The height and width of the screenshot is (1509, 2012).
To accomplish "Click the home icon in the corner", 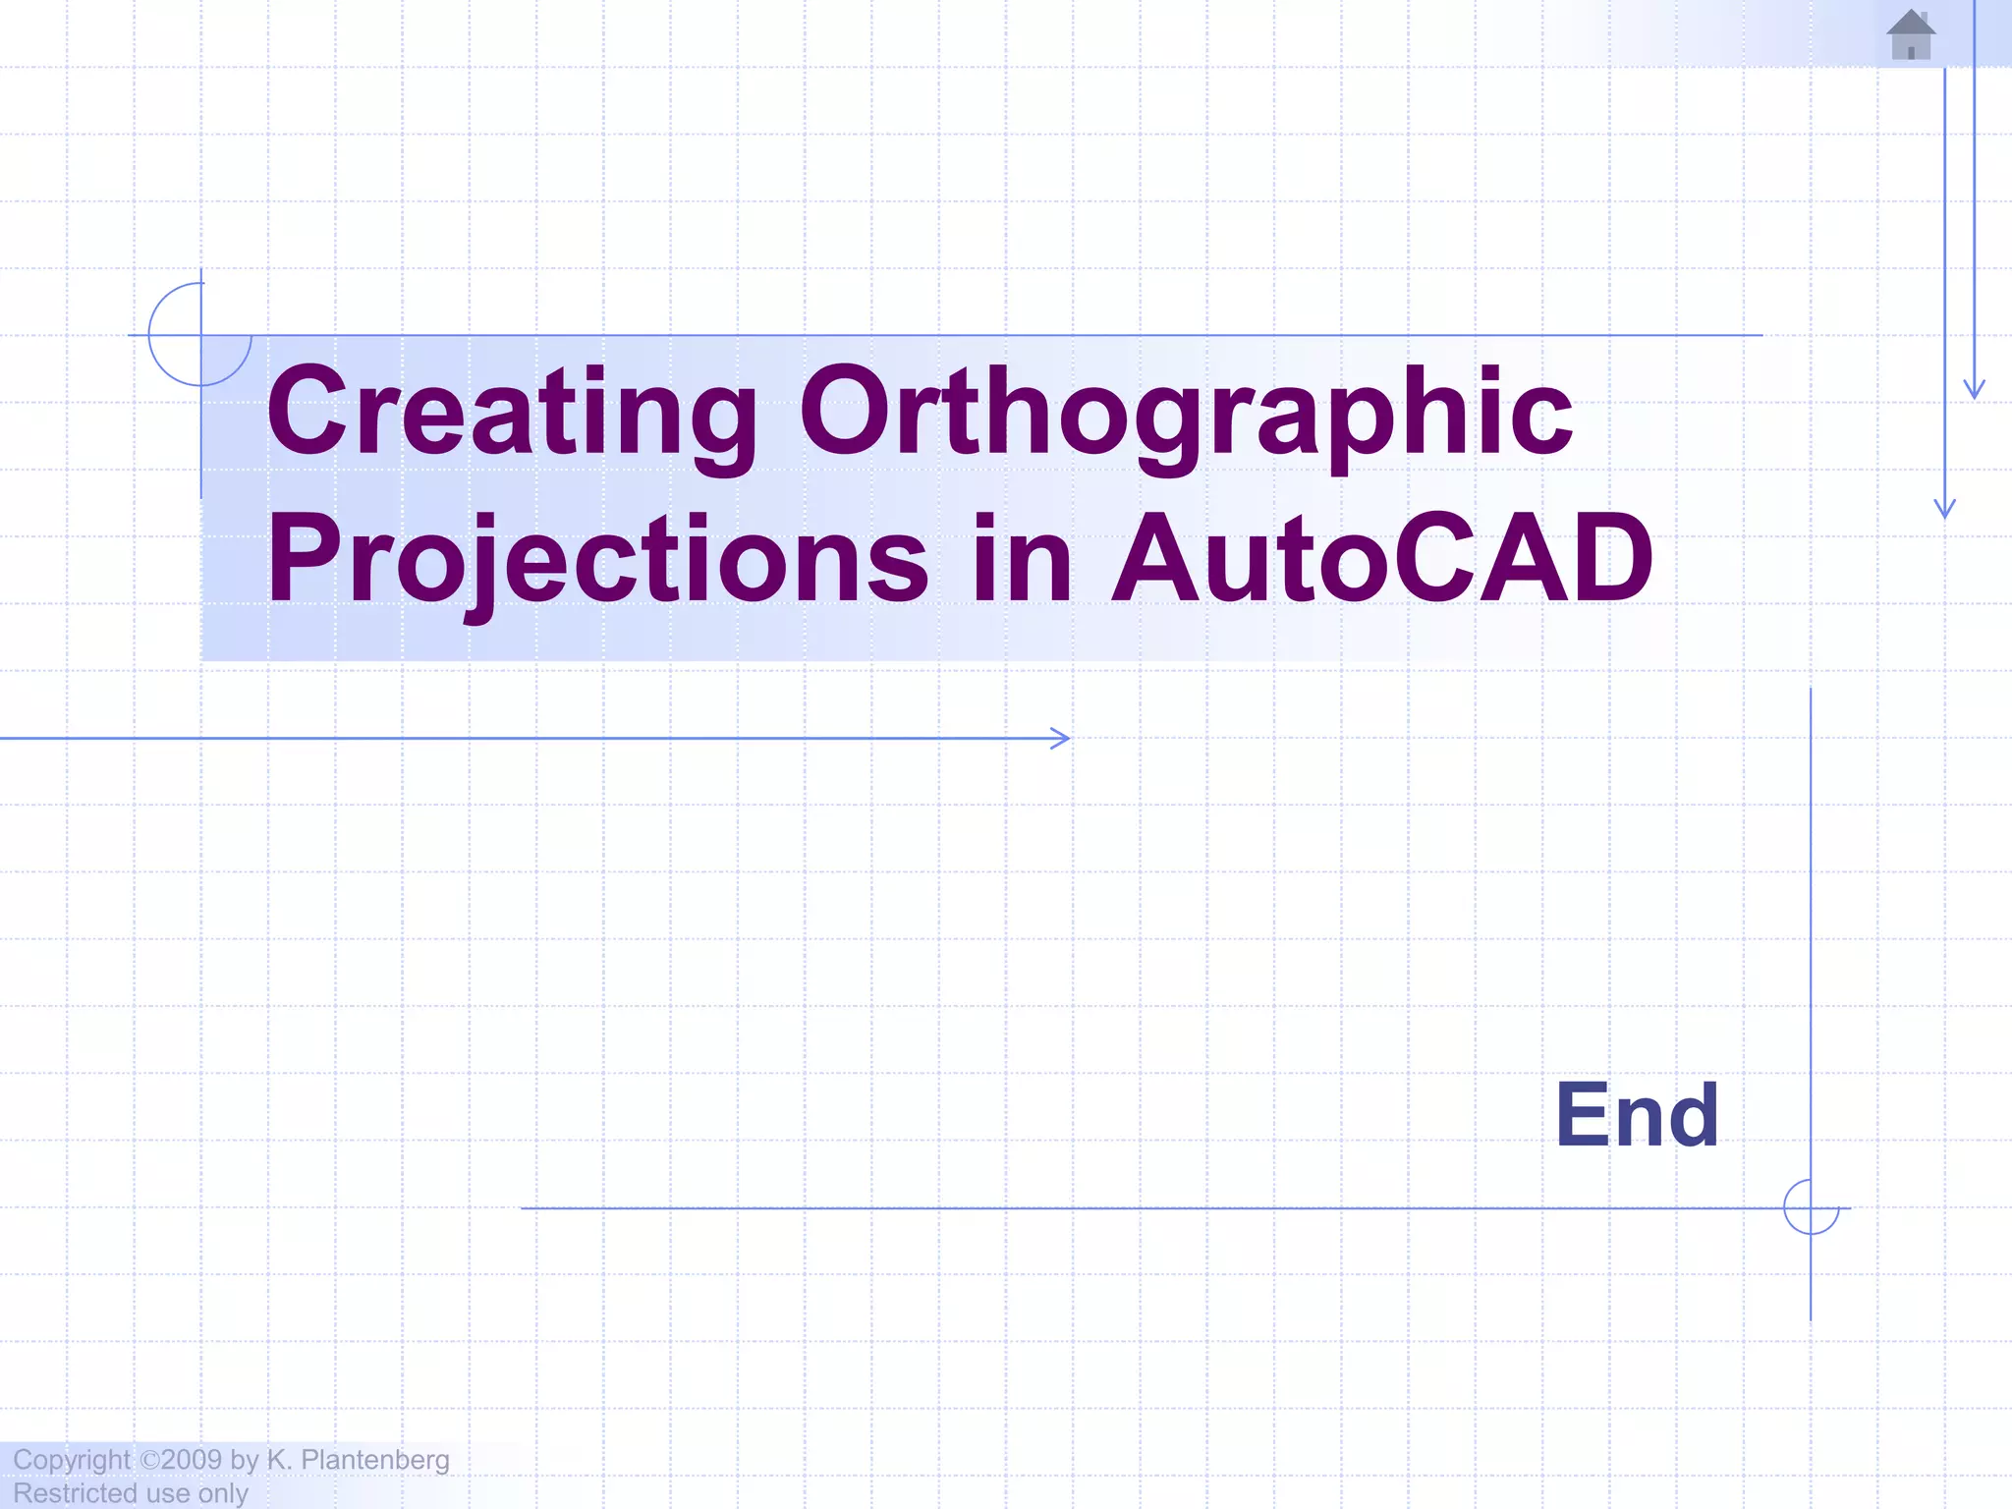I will tap(1911, 35).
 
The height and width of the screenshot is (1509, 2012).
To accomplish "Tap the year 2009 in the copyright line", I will tap(193, 1460).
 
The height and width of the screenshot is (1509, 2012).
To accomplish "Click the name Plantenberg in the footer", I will tap(375, 1461).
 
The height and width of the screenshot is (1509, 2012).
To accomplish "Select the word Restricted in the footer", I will tap(75, 1493).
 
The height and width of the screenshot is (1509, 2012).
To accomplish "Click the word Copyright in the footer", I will tap(71, 1461).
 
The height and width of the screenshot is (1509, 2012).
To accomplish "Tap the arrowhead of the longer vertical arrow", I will tap(1945, 510).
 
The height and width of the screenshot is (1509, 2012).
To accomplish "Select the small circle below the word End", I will tap(1811, 1207).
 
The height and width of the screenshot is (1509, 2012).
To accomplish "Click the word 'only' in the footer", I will tap(223, 1493).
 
